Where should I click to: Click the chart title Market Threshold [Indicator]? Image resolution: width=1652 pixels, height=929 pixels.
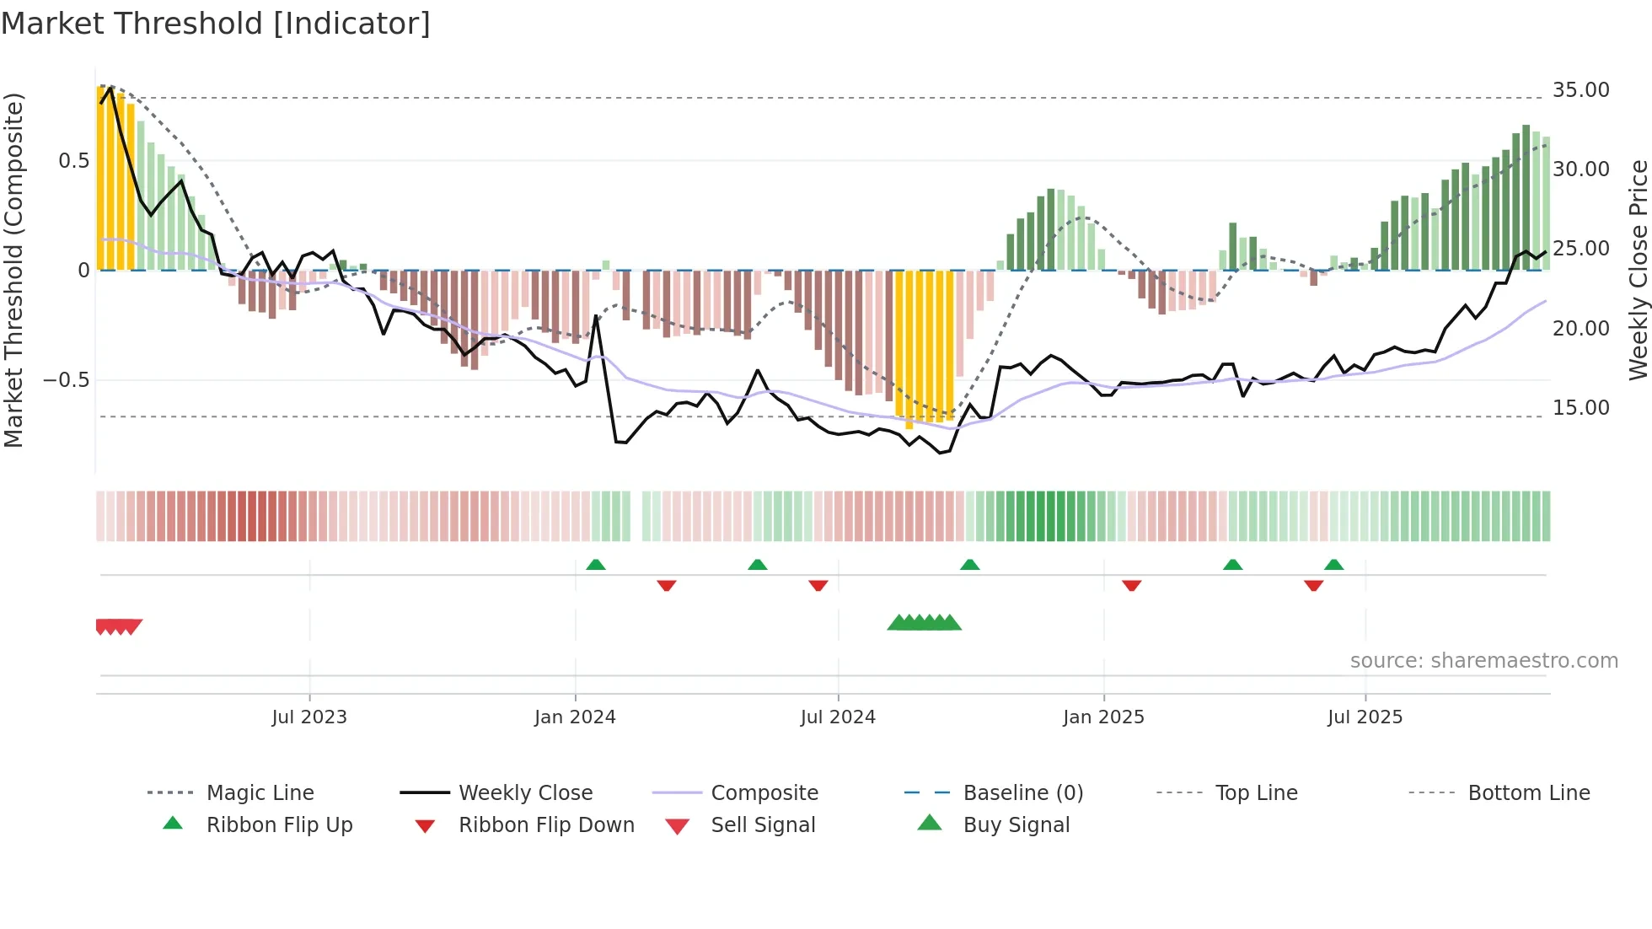tap(216, 24)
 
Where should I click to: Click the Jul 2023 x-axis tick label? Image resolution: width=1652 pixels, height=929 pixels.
tap(309, 717)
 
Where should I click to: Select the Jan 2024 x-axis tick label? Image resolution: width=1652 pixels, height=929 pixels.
tap(575, 717)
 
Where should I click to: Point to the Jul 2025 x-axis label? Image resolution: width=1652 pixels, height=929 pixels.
tap(1365, 717)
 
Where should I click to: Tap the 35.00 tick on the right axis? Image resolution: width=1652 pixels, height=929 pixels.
tap(1580, 90)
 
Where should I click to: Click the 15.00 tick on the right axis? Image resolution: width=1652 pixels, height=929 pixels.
tap(1580, 408)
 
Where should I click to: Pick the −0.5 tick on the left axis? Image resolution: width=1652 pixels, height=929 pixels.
tap(67, 380)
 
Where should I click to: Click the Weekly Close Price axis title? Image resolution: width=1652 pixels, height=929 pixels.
tap(1638, 270)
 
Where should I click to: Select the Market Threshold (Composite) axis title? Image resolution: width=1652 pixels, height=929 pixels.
tap(13, 270)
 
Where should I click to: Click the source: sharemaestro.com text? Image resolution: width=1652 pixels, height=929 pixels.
tap(1483, 661)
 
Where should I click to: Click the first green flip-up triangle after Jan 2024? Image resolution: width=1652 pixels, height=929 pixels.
tap(596, 565)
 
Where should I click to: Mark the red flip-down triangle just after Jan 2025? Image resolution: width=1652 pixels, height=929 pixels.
tap(1132, 585)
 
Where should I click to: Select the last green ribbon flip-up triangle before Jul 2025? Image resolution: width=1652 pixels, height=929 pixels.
tap(1333, 565)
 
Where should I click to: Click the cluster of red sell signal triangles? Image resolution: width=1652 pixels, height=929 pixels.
tap(118, 626)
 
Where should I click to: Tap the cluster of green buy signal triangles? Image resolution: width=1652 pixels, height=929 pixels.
tap(925, 623)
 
